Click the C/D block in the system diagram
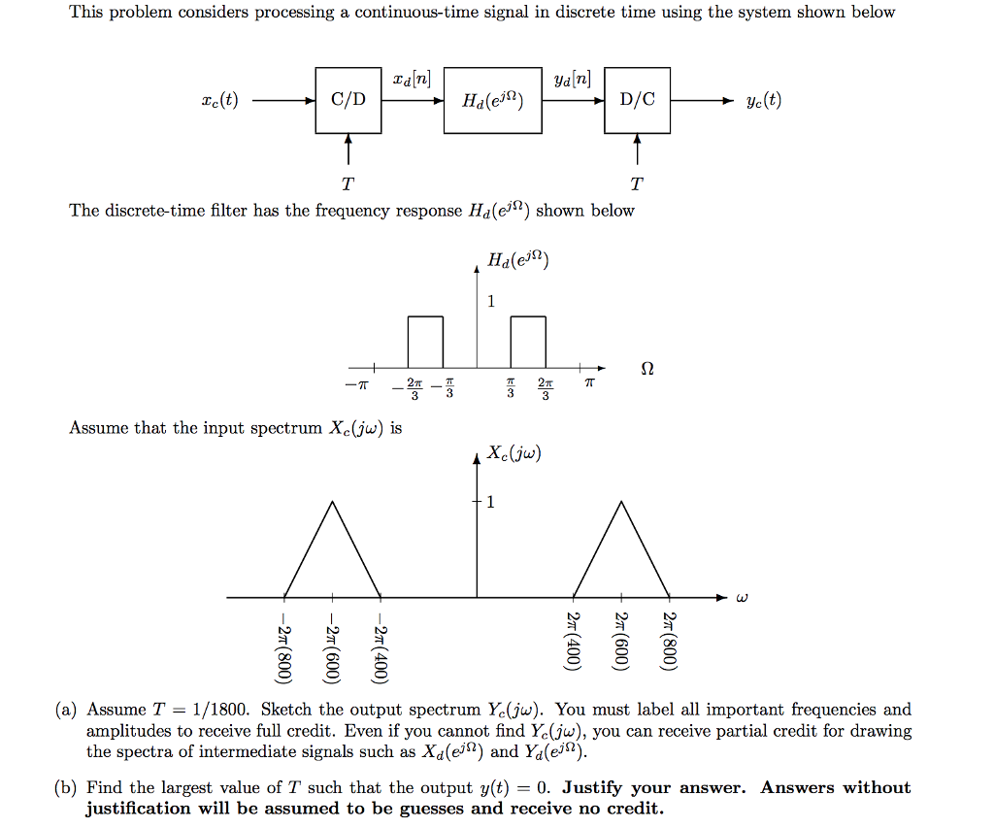[348, 100]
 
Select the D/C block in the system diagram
[637, 100]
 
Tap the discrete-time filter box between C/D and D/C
[493, 100]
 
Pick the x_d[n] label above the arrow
[413, 78]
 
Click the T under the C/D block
[348, 183]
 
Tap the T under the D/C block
[637, 183]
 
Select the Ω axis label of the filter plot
[648, 370]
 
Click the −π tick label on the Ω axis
[356, 386]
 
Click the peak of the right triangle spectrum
[620, 501]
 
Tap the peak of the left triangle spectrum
[333, 501]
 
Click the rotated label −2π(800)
[283, 647]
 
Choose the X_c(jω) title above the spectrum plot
[514, 453]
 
